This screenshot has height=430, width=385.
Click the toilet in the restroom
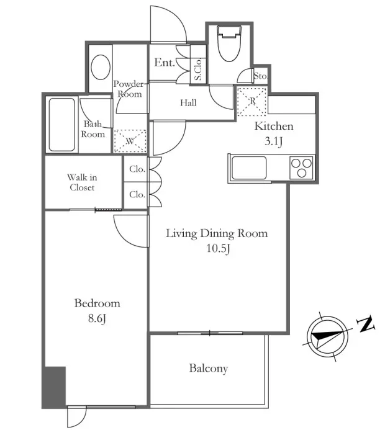click(229, 43)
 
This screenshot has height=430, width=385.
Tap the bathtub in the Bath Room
click(61, 125)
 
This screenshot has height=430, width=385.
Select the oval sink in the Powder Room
click(101, 67)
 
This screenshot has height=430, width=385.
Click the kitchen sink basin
click(249, 168)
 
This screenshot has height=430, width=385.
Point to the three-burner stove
click(301, 168)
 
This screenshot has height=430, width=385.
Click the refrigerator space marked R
click(252, 102)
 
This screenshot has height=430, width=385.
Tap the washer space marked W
click(130, 141)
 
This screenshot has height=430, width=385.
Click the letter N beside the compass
click(366, 324)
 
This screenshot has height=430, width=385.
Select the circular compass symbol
click(327, 336)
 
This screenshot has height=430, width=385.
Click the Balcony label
click(209, 369)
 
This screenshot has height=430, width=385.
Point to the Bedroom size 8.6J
click(97, 319)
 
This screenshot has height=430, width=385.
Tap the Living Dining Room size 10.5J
click(218, 248)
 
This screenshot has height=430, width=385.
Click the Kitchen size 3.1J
click(274, 141)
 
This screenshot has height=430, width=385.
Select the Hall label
click(188, 103)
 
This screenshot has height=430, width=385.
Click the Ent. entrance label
click(165, 63)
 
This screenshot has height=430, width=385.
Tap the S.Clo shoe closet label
click(198, 69)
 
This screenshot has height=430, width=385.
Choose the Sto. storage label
click(260, 76)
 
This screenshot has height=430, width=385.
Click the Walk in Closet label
click(82, 182)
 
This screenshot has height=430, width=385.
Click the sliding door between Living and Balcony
click(210, 333)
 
